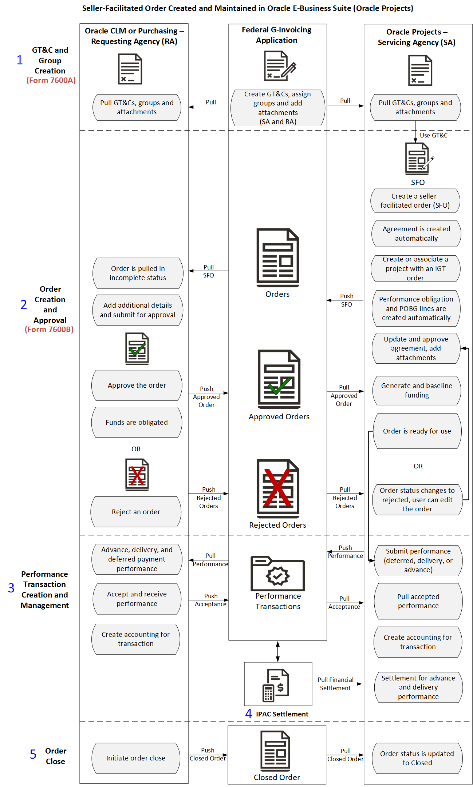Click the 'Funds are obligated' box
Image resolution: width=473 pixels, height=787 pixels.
point(137,422)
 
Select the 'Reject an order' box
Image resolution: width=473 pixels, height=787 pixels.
point(136,512)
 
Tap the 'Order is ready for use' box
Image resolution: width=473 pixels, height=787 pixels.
point(417,431)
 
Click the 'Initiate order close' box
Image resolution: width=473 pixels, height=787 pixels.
point(136,758)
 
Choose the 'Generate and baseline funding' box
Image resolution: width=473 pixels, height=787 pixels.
point(417,390)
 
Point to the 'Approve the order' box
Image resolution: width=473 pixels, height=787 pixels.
point(137,385)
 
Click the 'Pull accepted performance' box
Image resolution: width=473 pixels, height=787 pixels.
point(418,601)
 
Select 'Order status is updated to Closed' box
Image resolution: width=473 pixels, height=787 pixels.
point(417,758)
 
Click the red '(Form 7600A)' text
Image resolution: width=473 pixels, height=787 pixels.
point(51,80)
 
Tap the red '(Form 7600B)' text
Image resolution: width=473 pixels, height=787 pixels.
point(49,329)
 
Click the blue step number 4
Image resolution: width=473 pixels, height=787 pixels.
point(248,714)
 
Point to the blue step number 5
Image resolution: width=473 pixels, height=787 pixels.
point(33,754)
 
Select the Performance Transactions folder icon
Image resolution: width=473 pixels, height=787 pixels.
point(278,573)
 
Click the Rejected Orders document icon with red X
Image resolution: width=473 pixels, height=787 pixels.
point(278,488)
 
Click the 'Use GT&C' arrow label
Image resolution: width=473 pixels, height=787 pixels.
point(434,135)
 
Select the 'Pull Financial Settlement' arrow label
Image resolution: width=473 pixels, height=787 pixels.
point(335,684)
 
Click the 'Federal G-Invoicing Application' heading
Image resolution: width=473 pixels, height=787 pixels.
point(277,35)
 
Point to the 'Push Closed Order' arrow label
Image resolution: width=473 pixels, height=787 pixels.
point(208,754)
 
